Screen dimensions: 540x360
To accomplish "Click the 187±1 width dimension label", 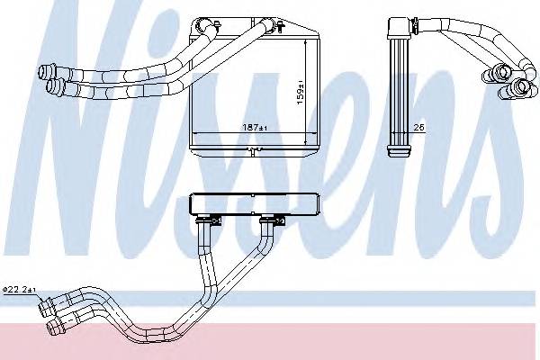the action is tap(255, 128).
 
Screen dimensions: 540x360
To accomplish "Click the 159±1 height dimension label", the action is tap(301, 93).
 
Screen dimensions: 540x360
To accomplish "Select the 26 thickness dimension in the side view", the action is tap(418, 128).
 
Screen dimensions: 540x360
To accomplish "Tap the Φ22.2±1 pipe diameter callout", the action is tap(19, 290).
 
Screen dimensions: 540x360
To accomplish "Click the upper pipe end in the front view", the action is tap(45, 72).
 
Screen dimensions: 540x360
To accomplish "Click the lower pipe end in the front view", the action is tap(54, 85).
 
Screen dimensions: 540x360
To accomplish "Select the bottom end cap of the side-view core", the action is tap(399, 151).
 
